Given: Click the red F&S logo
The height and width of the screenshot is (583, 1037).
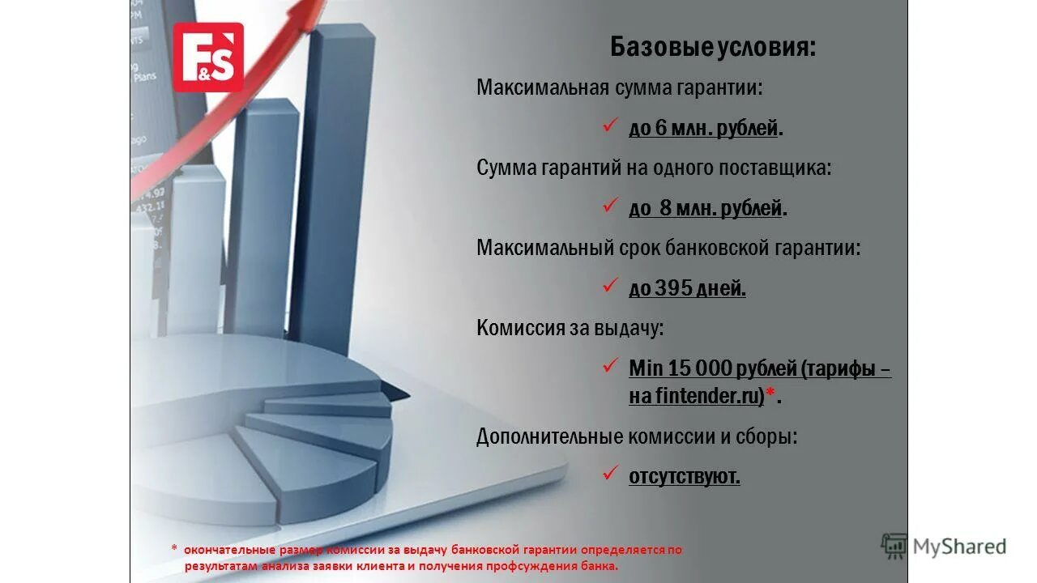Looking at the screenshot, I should (x=208, y=57).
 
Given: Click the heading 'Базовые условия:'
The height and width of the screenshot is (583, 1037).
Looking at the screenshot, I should (x=713, y=48).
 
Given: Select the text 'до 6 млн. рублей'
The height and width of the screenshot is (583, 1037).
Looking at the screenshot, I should (x=703, y=128).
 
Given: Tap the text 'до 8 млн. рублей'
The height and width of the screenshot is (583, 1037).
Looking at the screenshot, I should (x=706, y=208).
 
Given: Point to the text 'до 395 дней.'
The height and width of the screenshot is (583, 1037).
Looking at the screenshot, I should (x=687, y=288).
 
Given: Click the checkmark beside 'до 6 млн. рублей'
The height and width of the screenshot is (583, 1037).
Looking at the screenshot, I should (x=610, y=126).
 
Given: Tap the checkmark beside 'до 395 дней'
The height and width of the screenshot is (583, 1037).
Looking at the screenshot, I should (x=610, y=286).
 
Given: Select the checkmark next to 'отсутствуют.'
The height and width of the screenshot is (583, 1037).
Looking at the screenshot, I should (x=610, y=474).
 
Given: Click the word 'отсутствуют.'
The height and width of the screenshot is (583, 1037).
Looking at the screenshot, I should (x=685, y=477).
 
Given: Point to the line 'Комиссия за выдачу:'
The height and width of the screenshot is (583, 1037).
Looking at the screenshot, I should (x=570, y=328).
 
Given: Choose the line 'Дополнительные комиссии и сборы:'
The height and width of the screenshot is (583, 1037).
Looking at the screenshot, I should (x=637, y=437).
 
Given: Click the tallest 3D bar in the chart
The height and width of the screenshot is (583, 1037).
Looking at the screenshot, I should (x=334, y=186).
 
